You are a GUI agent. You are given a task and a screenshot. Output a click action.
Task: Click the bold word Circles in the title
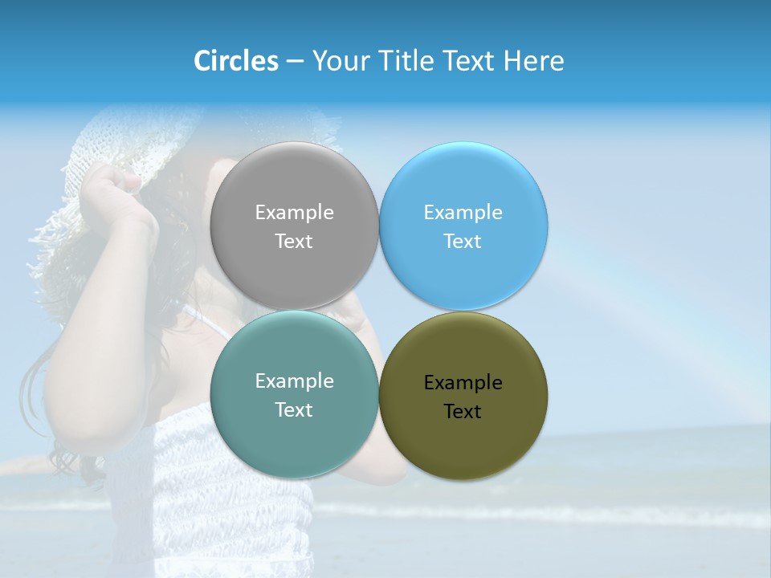click(x=236, y=61)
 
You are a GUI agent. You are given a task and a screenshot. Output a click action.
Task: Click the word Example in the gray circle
click(x=294, y=213)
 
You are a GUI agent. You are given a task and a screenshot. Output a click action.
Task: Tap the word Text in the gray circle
click(x=294, y=242)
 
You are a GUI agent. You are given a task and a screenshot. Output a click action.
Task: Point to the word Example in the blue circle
click(x=463, y=213)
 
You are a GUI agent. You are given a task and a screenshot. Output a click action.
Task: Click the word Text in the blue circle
click(x=463, y=242)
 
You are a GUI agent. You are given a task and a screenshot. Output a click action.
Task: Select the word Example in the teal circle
click(x=294, y=381)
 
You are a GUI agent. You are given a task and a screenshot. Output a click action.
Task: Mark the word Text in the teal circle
click(x=294, y=410)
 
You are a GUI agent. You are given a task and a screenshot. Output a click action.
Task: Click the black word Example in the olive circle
click(x=463, y=383)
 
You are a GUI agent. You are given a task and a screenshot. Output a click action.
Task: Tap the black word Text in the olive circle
click(x=463, y=412)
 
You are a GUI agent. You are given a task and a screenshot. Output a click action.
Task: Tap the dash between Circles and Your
click(x=295, y=62)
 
